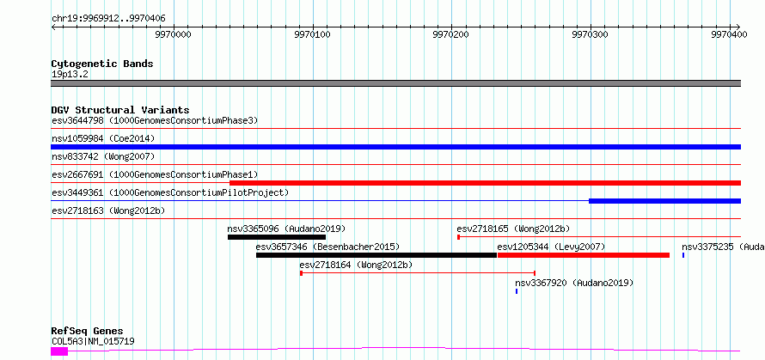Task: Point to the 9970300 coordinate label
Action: (x=591, y=34)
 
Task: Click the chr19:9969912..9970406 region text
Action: (x=109, y=19)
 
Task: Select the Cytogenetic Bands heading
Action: (x=102, y=64)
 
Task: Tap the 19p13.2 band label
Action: (x=70, y=75)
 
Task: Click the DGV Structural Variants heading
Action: (x=120, y=110)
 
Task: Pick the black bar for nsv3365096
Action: (x=277, y=237)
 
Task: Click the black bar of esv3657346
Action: (x=376, y=255)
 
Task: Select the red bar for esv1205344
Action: (x=583, y=255)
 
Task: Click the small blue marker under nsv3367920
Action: (x=517, y=291)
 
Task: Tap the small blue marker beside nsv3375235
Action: (x=683, y=255)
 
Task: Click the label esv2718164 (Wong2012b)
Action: (x=356, y=265)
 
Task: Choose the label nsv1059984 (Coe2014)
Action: (x=103, y=138)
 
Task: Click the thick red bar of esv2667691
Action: (x=485, y=183)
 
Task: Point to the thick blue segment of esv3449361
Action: (x=665, y=201)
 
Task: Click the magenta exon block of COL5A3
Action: (x=59, y=351)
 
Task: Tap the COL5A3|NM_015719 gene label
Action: (x=93, y=341)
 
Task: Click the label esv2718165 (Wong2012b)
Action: (x=513, y=229)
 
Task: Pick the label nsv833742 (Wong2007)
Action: (x=103, y=156)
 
